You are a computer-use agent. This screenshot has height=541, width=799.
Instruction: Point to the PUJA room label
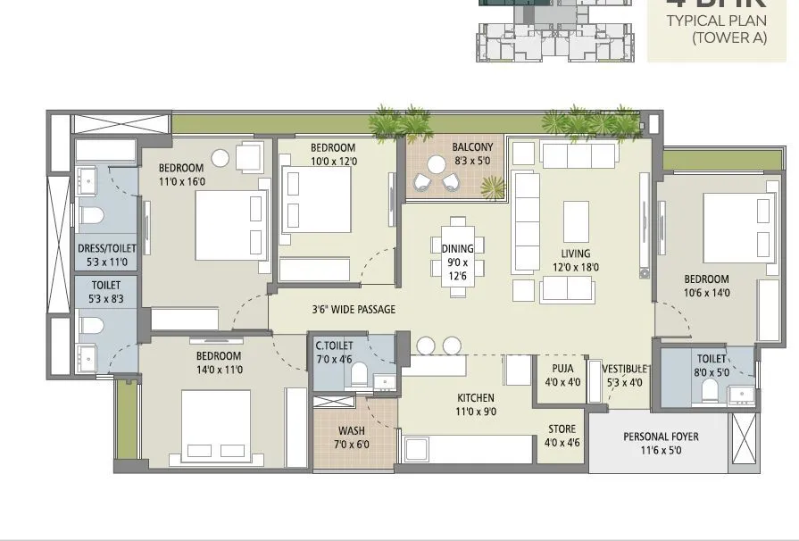coord(562,368)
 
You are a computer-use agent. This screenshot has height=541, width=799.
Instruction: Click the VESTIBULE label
coord(624,368)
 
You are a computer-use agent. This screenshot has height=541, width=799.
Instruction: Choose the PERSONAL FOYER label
coord(661,437)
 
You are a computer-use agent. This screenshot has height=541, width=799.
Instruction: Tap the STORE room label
coord(562,429)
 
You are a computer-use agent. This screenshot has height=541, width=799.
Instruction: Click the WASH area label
coord(351,431)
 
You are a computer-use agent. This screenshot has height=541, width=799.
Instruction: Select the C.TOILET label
coord(334,345)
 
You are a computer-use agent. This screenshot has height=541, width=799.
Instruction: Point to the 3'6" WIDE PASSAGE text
coord(354,310)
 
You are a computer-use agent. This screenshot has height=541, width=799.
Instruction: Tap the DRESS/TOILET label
coord(105,249)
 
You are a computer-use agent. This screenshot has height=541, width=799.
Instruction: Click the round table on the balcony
coord(437,164)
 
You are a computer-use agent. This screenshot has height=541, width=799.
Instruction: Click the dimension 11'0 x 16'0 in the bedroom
coord(182,181)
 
